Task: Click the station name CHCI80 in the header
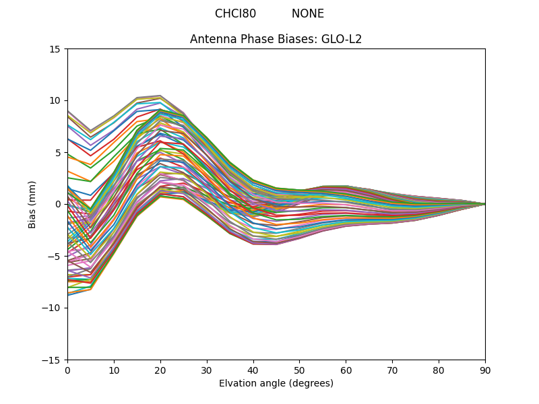pyautogui.click(x=235, y=13)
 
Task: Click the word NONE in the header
pyautogui.click(x=308, y=13)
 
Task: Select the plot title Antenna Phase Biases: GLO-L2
pyautogui.click(x=276, y=39)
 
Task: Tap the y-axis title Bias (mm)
pyautogui.click(x=32, y=204)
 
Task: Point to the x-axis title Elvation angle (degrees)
pyautogui.click(x=276, y=383)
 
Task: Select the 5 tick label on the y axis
pyautogui.click(x=59, y=153)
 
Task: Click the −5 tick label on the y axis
pyautogui.click(x=55, y=257)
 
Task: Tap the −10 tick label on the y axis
pyautogui.click(x=53, y=308)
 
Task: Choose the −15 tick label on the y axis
pyautogui.click(x=53, y=360)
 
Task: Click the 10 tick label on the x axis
pyautogui.click(x=114, y=370)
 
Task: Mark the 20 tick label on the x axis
pyautogui.click(x=160, y=370)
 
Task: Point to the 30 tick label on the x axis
pyautogui.click(x=207, y=370)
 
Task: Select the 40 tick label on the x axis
pyautogui.click(x=253, y=370)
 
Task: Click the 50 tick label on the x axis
pyautogui.click(x=299, y=370)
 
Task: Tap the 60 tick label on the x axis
pyautogui.click(x=346, y=370)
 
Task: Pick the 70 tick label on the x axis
pyautogui.click(x=392, y=370)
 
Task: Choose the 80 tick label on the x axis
pyautogui.click(x=439, y=370)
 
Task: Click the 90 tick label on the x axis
pyautogui.click(x=485, y=370)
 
